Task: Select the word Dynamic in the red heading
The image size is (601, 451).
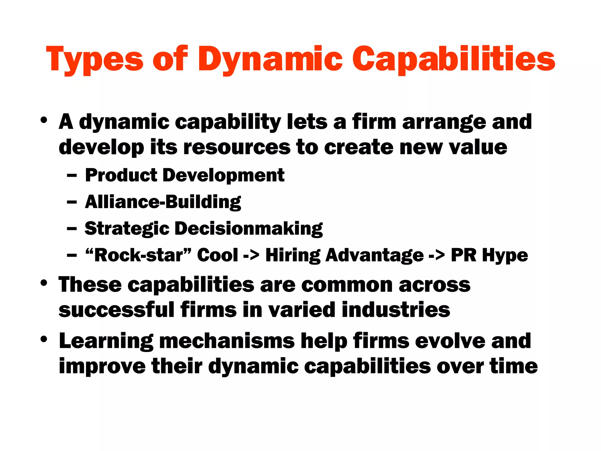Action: pyautogui.click(x=270, y=60)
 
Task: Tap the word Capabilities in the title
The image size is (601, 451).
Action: pyautogui.click(x=454, y=60)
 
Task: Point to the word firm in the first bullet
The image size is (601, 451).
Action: pyautogui.click(x=374, y=122)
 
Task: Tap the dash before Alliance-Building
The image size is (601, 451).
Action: pyautogui.click(x=72, y=202)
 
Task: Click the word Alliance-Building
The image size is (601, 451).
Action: pyautogui.click(x=163, y=202)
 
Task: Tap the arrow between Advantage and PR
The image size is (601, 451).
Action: pyautogui.click(x=437, y=255)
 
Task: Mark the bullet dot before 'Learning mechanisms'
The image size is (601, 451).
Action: pyautogui.click(x=44, y=339)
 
